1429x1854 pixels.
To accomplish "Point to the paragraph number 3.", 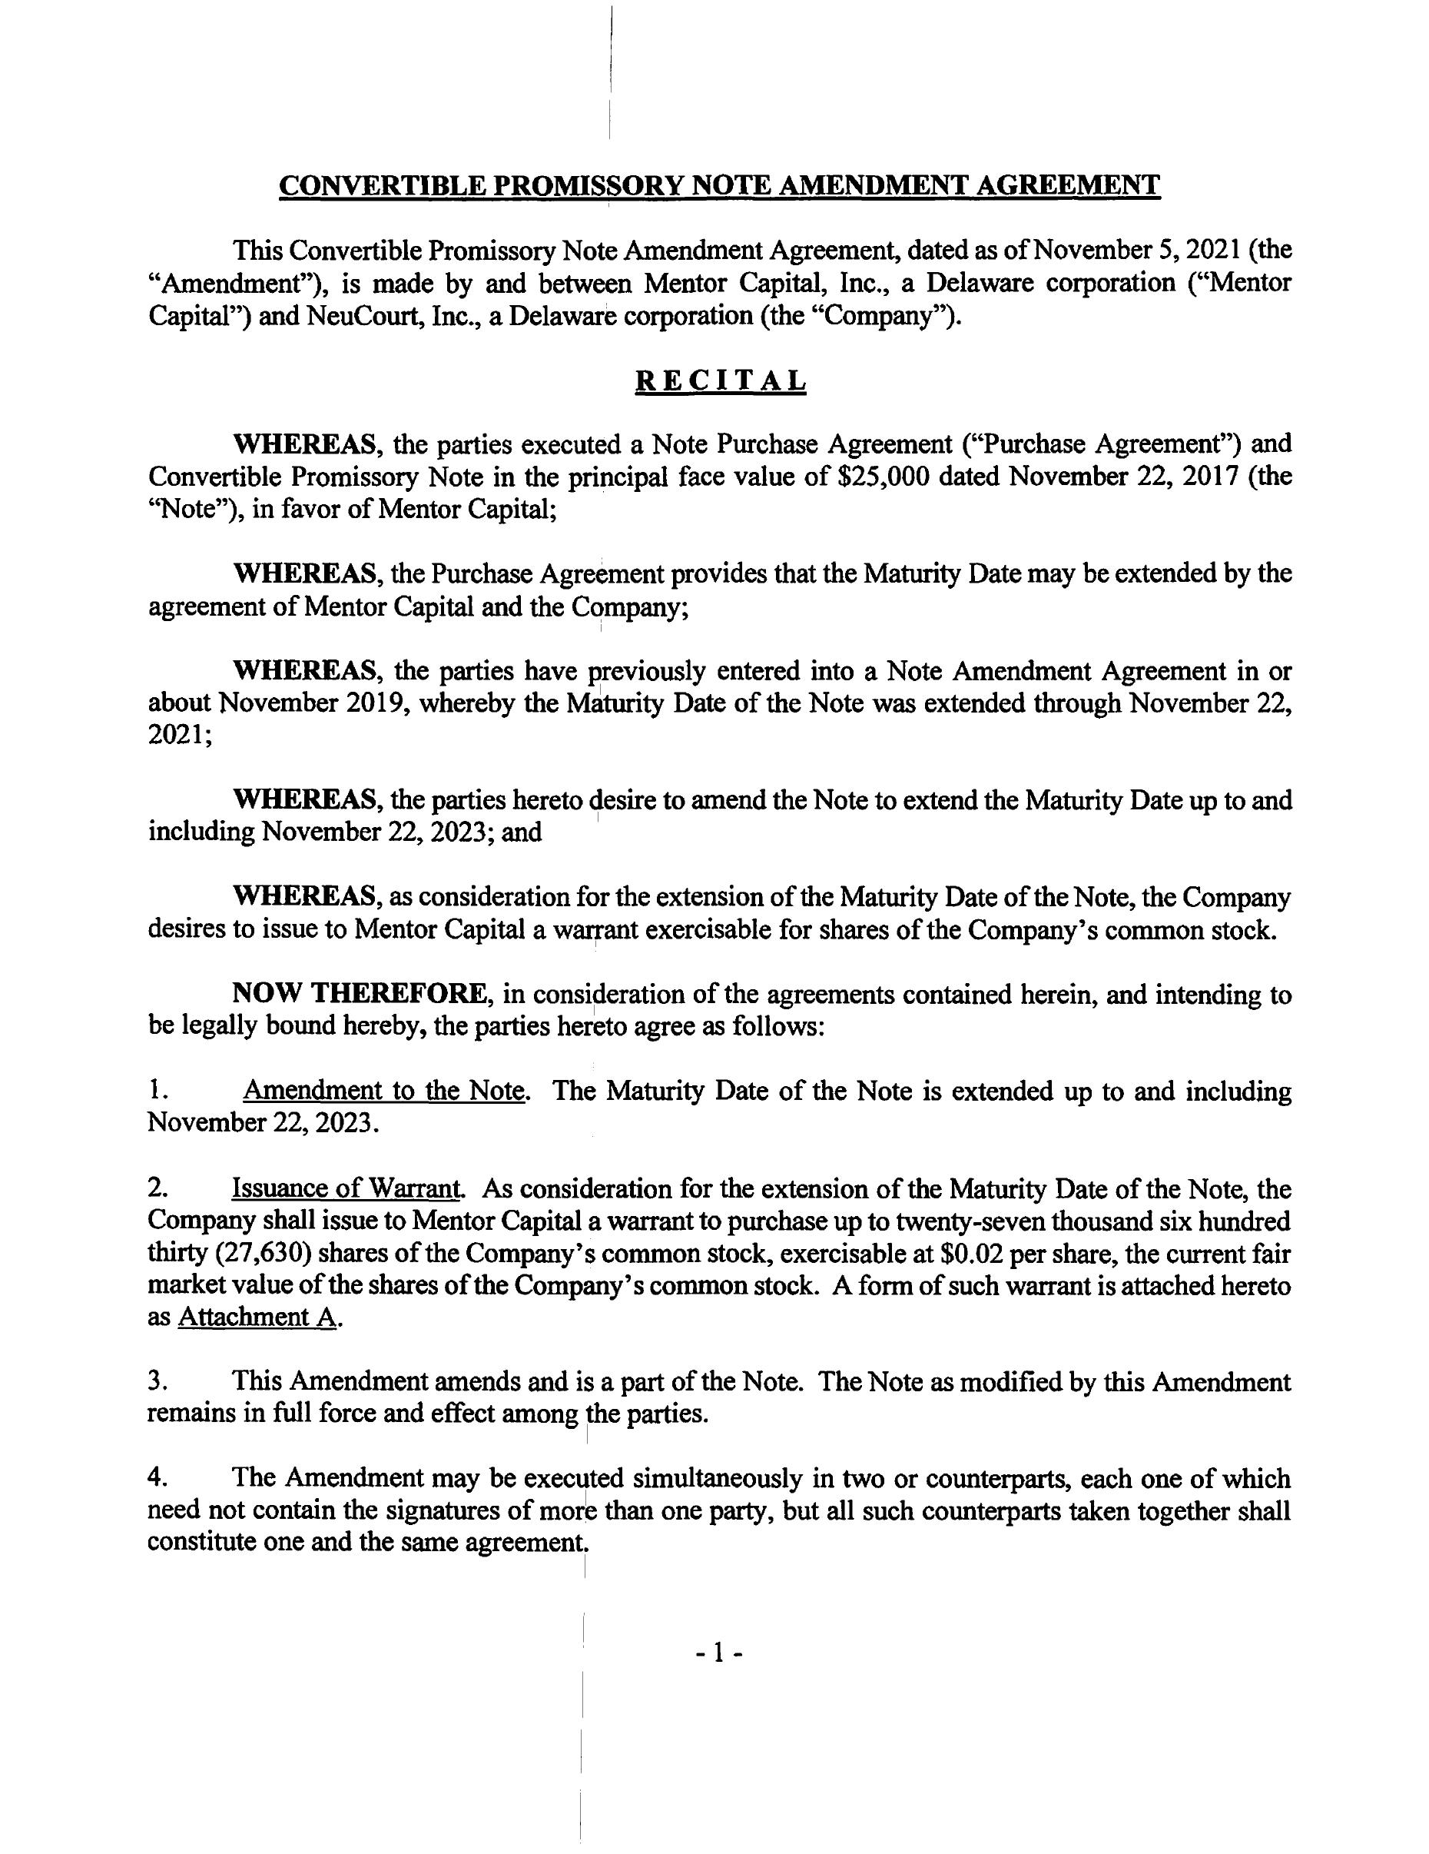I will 155,1382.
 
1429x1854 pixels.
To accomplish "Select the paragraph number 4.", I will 155,1479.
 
